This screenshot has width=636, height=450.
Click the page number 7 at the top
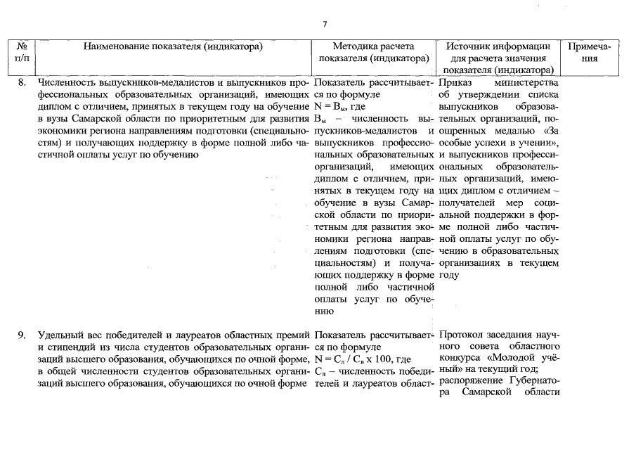[x=325, y=25]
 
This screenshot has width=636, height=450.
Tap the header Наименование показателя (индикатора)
[x=173, y=47]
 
